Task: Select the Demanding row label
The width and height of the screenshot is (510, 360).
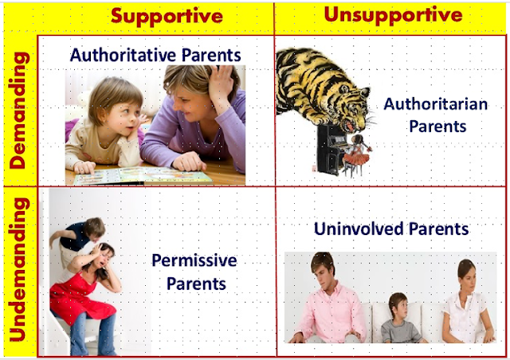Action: tap(20, 111)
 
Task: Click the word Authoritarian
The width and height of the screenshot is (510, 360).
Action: tap(426, 104)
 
